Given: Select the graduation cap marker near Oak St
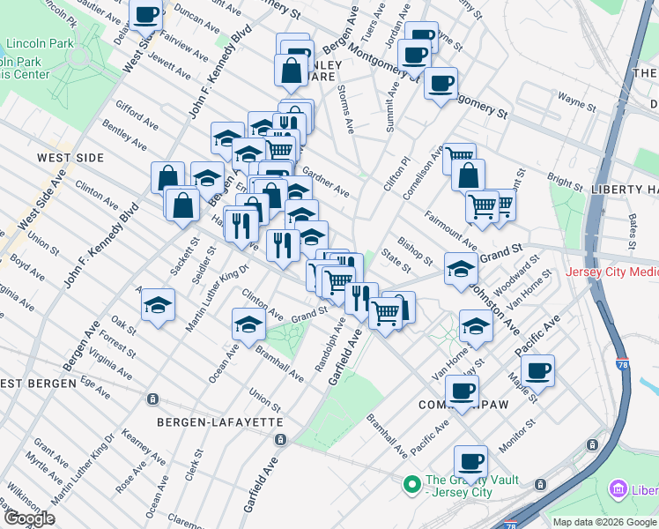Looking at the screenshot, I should [x=159, y=305].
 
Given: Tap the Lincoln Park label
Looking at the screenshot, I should [x=41, y=43].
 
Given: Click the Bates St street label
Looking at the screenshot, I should [x=633, y=226].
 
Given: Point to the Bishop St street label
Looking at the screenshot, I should [x=414, y=250].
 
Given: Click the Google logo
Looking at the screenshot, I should [x=30, y=518].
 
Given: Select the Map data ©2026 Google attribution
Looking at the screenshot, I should [x=605, y=522].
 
